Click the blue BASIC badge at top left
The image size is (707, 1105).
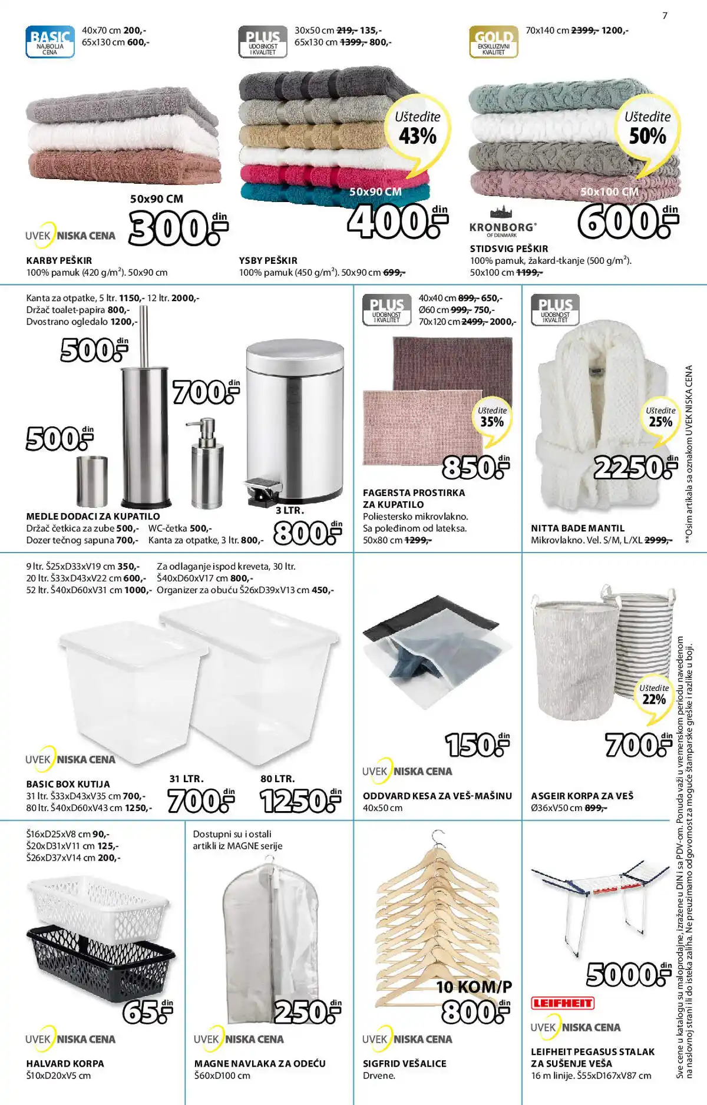coord(50,41)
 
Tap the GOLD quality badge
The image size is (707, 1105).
coord(494,41)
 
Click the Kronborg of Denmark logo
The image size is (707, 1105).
coord(503,223)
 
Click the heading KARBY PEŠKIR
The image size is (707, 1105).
coord(59,260)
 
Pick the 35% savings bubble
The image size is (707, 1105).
coord(492,419)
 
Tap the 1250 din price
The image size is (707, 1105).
coord(300,801)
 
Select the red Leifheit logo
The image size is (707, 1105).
coord(563,1003)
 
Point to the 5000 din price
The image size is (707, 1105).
coord(628,975)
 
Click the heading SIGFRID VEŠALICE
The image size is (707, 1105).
coord(404,1064)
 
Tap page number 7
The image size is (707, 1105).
coord(665,16)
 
